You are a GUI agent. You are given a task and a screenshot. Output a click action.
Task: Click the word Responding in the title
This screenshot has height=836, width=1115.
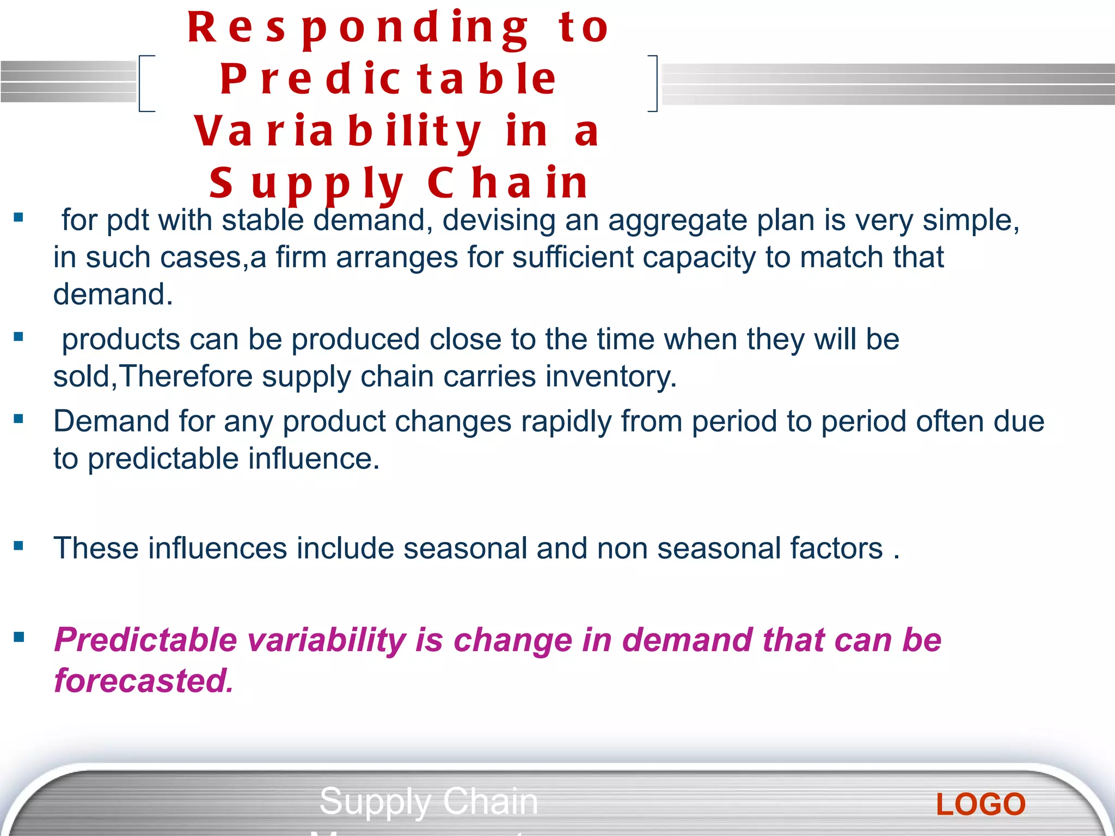point(357,28)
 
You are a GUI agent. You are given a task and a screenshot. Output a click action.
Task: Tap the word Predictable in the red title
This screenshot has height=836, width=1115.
point(388,79)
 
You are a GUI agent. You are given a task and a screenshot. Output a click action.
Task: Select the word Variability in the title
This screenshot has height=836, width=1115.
point(338,132)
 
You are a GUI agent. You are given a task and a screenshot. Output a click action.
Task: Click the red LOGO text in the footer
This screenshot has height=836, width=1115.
point(981,804)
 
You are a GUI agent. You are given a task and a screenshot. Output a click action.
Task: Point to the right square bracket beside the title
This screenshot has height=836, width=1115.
point(654,83)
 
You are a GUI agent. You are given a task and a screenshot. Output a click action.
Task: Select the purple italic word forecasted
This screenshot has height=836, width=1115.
point(144,681)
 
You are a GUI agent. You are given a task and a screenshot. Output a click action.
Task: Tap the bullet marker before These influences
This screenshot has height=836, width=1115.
point(19,546)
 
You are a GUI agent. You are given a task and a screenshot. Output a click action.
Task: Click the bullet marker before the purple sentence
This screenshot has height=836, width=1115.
point(19,637)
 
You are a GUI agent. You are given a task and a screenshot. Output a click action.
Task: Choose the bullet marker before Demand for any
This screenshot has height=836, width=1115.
point(19,419)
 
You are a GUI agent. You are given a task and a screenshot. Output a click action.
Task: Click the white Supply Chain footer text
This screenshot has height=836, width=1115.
point(428,801)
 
